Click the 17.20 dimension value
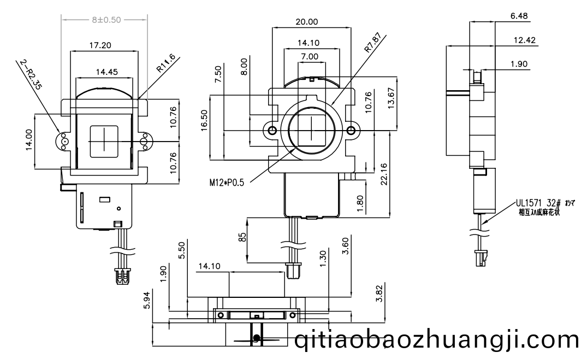99,46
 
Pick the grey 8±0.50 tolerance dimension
104,19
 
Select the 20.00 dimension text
306,22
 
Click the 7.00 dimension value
309,56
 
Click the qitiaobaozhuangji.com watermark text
437,340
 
